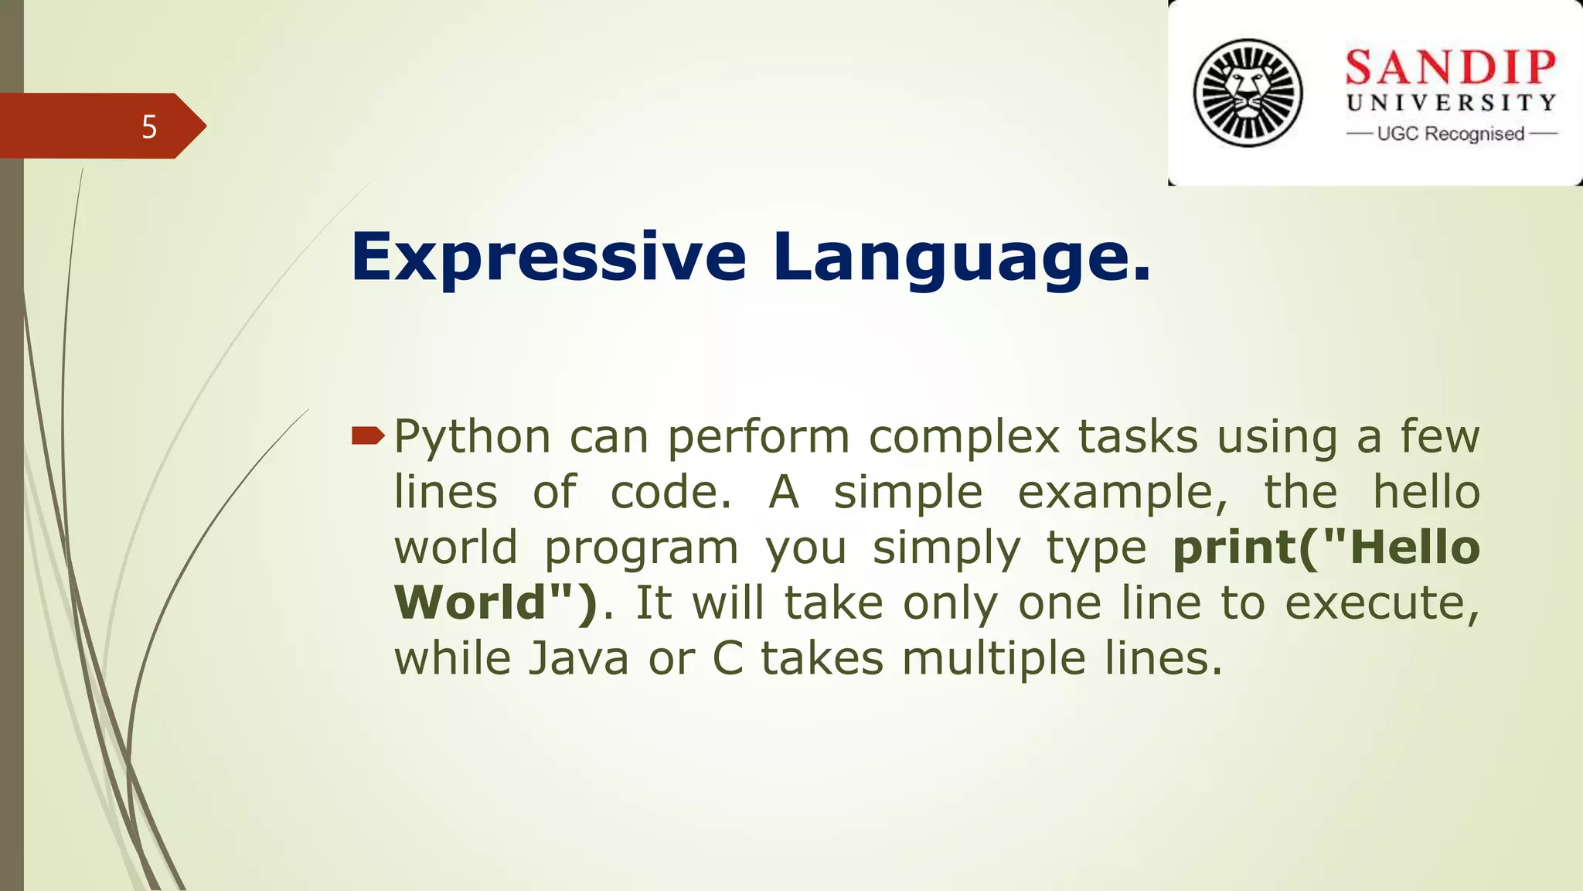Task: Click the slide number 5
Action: [149, 127]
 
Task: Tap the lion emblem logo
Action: [1248, 93]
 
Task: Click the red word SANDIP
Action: [1451, 67]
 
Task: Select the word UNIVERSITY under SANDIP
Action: [1451, 103]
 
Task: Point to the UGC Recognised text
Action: [1451, 134]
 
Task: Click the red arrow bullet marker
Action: [367, 436]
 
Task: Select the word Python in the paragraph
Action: [472, 438]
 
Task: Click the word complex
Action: [964, 438]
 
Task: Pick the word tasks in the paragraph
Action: [1138, 436]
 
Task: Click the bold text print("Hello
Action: [1326, 549]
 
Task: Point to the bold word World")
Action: [495, 603]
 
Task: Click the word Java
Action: [579, 659]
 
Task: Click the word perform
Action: [758, 438]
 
